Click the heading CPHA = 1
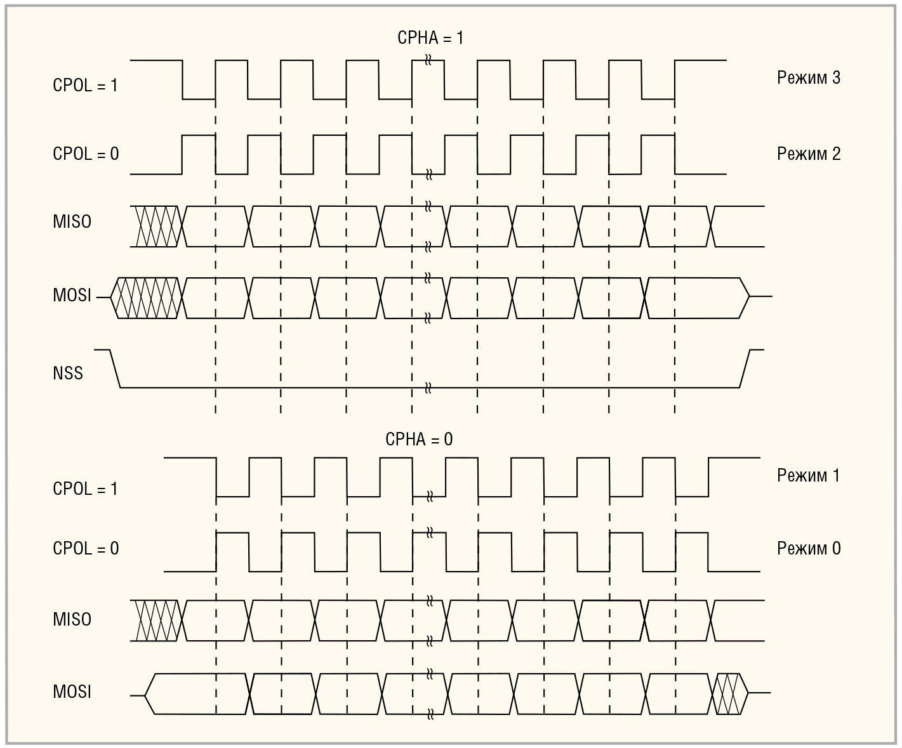coord(430,38)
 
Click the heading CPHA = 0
coord(419,440)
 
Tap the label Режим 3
coord(808,78)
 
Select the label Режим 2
coord(808,154)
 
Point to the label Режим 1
coord(808,476)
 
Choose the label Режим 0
coord(808,549)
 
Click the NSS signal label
coord(68,373)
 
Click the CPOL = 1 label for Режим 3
coord(85,86)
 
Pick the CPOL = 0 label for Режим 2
coord(86,154)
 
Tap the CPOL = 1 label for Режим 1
coord(85,489)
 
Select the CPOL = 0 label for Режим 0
coord(86,549)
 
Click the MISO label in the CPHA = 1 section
coord(72,222)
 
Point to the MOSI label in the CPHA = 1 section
coord(72,296)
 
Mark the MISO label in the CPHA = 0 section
coord(72,620)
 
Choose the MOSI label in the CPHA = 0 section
coord(72,692)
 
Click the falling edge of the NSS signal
coord(116,369)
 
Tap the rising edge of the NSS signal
coord(745,369)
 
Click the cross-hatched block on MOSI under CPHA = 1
coord(147,297)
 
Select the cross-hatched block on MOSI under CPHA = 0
coord(730,693)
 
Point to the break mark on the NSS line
coord(428,388)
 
